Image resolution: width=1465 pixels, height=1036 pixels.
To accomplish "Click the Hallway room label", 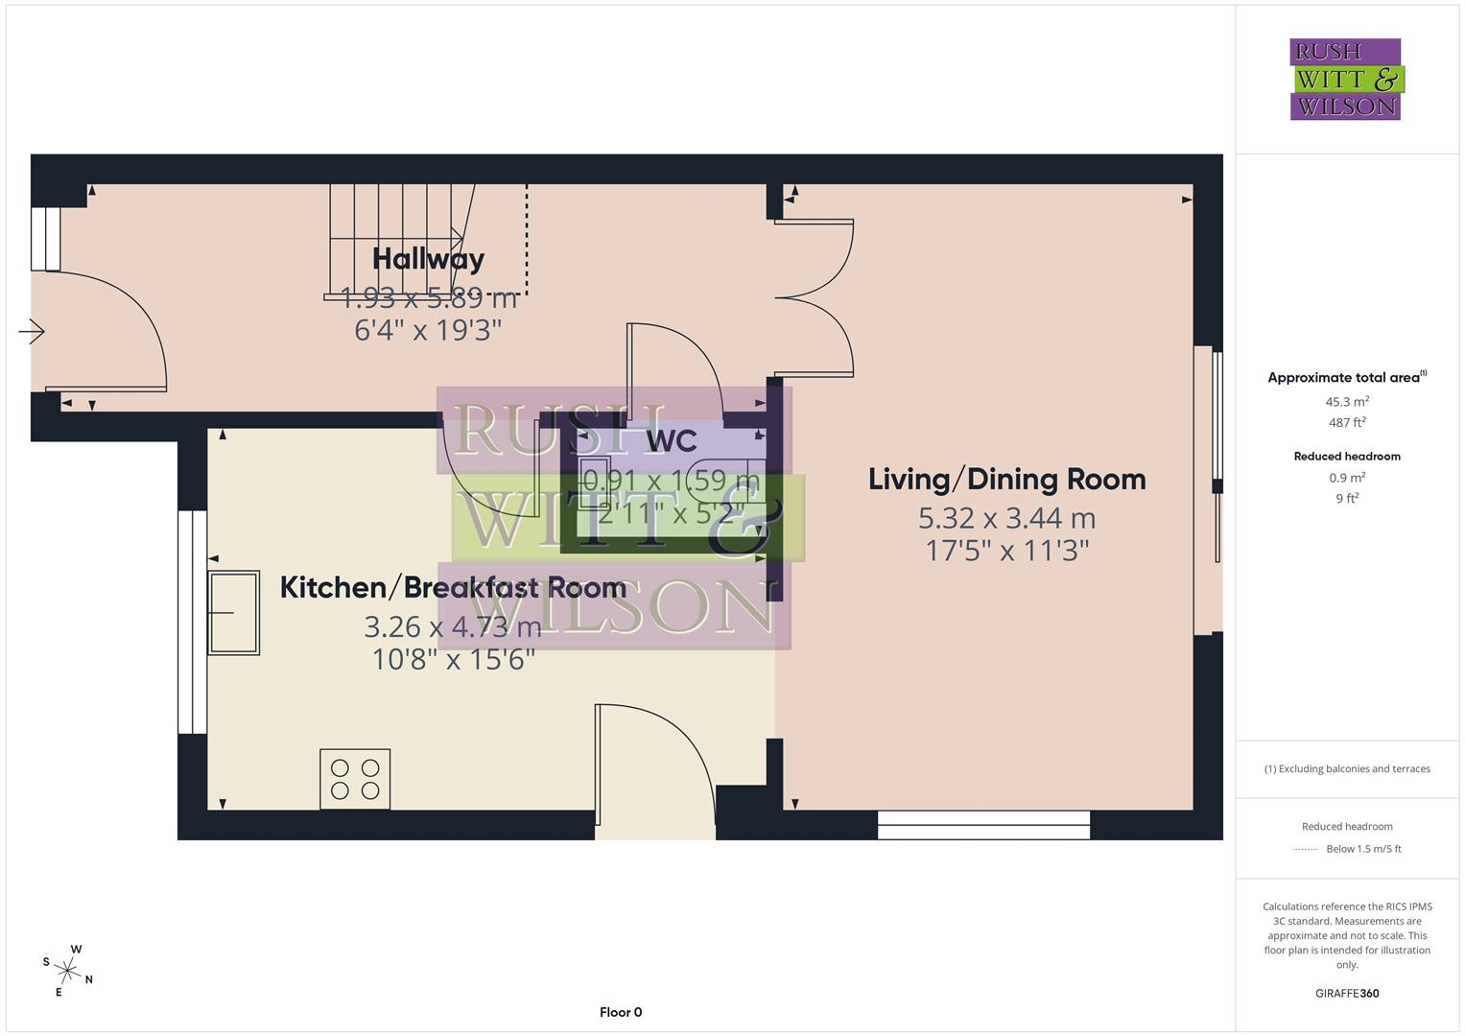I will click(x=428, y=259).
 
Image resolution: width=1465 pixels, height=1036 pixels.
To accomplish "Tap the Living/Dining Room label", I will click(x=1006, y=480).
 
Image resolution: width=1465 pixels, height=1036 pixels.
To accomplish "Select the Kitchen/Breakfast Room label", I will click(x=453, y=588).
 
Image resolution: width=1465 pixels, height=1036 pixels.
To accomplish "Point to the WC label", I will click(x=672, y=441).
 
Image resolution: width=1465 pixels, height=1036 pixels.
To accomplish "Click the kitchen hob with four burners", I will click(x=355, y=779).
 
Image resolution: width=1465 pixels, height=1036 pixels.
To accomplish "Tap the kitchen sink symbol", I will click(x=234, y=613).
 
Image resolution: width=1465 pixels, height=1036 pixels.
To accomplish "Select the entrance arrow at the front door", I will click(x=32, y=333).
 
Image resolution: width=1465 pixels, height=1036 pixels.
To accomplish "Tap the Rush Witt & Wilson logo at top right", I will click(x=1345, y=80).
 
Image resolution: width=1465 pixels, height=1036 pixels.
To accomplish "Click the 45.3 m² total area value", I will click(x=1347, y=402).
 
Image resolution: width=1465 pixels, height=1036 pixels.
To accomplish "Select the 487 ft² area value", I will click(x=1347, y=422).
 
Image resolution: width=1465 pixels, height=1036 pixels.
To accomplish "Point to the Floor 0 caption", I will click(x=621, y=1012).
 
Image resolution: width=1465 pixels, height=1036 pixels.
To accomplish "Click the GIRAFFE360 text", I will click(x=1347, y=993).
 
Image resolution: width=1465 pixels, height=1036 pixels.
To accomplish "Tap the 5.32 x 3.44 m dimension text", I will click(x=1006, y=519).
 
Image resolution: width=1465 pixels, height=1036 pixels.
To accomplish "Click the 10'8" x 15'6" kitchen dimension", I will click(x=453, y=660).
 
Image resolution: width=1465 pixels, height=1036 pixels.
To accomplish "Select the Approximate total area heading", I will click(x=1345, y=378).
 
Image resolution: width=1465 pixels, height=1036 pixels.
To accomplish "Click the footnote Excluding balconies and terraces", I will click(x=1347, y=768).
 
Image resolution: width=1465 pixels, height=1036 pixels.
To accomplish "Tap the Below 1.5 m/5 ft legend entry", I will click(x=1363, y=849).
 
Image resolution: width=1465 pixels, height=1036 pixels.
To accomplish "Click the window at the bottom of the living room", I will click(x=983, y=825).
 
